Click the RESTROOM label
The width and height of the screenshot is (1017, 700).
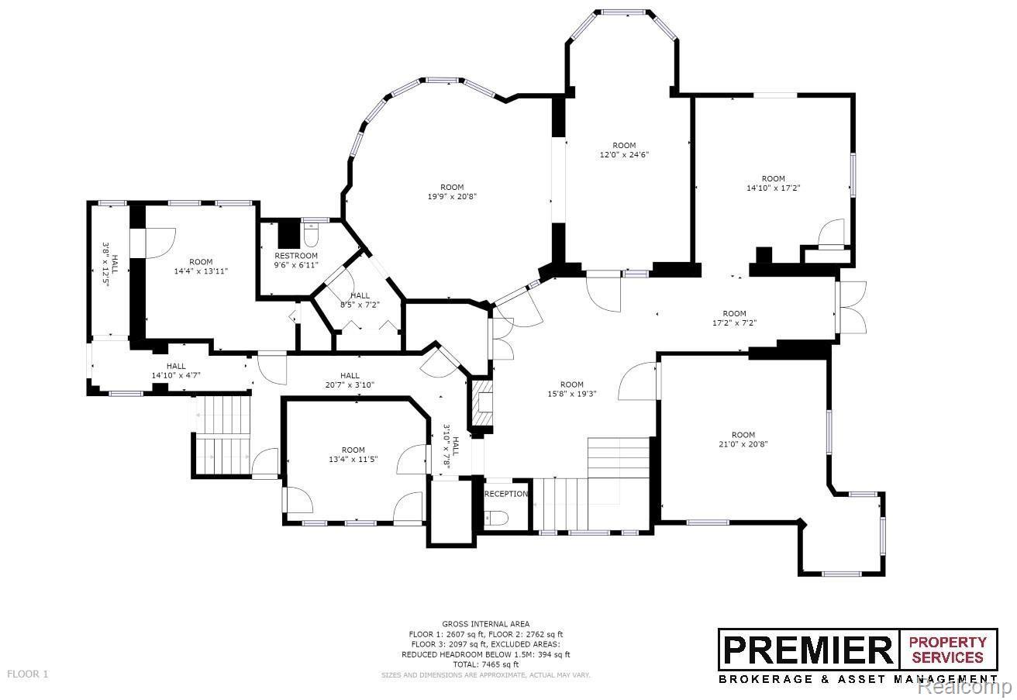(x=296, y=256)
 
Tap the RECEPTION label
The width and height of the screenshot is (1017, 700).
(x=506, y=494)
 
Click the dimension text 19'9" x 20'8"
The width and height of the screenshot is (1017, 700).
(x=452, y=197)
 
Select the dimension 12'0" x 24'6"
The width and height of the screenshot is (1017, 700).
(x=624, y=155)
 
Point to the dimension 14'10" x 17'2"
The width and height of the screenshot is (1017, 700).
(x=773, y=188)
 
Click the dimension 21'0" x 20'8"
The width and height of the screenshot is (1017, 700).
(x=743, y=444)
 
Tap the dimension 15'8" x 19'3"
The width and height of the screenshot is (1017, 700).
(x=571, y=394)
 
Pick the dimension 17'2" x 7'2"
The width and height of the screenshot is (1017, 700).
(x=734, y=322)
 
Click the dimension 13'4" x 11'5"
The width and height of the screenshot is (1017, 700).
(x=353, y=460)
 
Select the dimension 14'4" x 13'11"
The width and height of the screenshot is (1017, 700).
(x=201, y=271)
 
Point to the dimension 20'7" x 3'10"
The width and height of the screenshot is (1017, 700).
(x=350, y=385)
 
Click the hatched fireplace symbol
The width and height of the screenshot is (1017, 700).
(x=482, y=403)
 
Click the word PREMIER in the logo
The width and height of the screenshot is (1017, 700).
(x=808, y=650)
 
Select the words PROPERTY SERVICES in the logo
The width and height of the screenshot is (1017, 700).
(x=947, y=650)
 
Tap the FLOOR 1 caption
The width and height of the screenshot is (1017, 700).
(x=27, y=674)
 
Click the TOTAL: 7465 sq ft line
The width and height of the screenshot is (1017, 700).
(x=486, y=664)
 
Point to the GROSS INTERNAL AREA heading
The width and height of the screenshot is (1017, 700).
(x=486, y=624)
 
